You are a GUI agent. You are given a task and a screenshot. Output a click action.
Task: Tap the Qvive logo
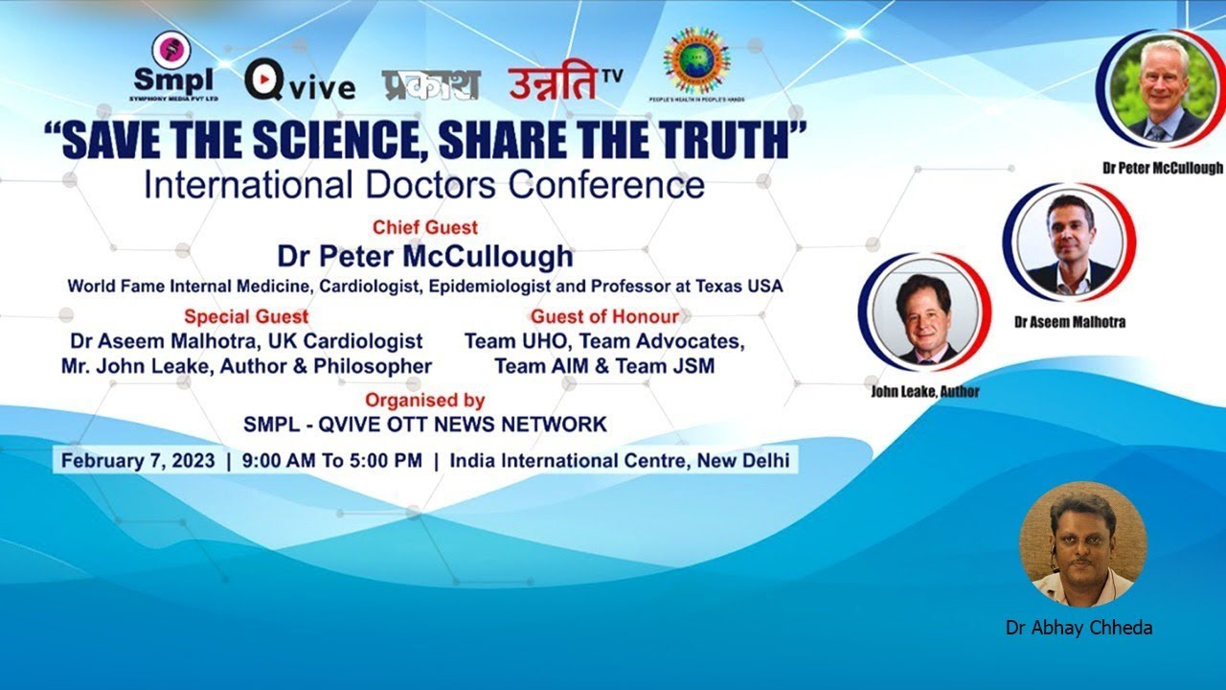tap(300, 82)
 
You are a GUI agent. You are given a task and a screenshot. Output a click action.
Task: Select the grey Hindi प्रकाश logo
tap(430, 85)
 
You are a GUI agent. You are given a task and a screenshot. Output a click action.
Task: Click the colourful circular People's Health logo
tap(703, 68)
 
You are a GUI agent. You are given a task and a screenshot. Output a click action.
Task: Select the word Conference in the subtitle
tap(606, 184)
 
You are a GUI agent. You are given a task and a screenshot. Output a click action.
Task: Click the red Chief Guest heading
tap(425, 228)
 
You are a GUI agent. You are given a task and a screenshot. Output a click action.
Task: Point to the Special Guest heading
tap(246, 316)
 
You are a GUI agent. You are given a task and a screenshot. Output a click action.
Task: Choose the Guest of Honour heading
tap(604, 316)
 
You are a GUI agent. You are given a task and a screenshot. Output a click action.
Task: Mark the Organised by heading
tap(424, 401)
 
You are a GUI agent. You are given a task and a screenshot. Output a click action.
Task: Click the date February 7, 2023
tap(138, 460)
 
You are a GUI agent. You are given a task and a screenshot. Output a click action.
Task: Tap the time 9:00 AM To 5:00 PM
tap(331, 460)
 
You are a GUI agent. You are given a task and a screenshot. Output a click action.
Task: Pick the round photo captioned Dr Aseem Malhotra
tap(1070, 243)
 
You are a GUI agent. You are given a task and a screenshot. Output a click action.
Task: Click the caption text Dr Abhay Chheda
tap(1078, 629)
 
